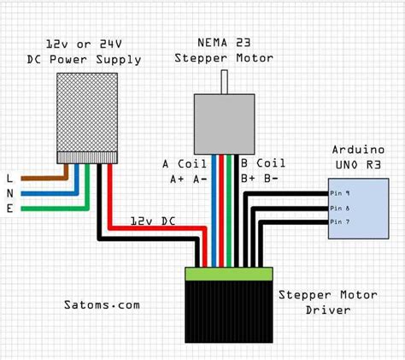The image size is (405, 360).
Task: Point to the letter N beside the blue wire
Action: click(9, 192)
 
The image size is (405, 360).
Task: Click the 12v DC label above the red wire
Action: click(153, 221)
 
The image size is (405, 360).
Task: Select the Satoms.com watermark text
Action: click(102, 304)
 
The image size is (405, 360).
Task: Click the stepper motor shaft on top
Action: click(226, 82)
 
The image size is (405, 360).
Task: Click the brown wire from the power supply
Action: click(43, 178)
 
